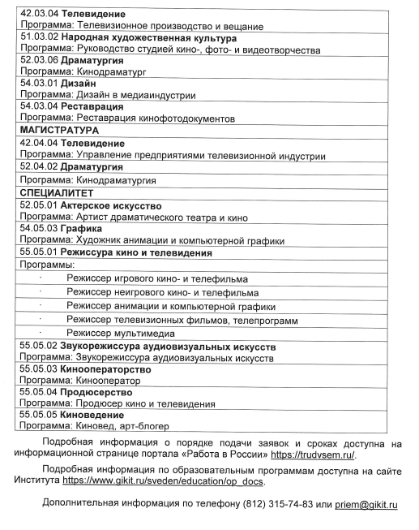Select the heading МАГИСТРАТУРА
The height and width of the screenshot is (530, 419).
tap(58, 129)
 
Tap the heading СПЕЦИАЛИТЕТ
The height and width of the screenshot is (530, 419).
tap(57, 193)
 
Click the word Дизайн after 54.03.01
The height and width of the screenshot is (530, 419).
tap(79, 84)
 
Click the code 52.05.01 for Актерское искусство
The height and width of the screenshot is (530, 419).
tap(37, 205)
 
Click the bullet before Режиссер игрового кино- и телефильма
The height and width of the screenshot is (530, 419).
tap(41, 278)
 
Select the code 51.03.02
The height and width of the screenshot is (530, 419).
tap(37, 38)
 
